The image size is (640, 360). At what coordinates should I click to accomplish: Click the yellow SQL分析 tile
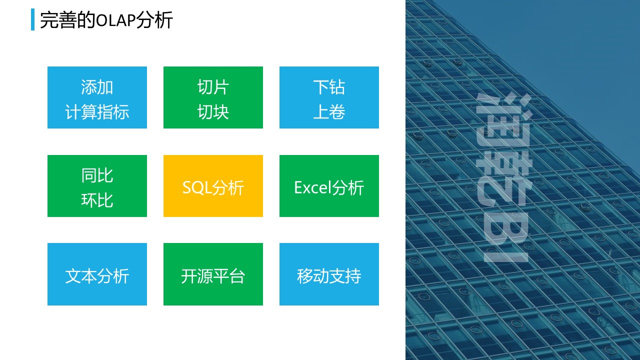click(213, 186)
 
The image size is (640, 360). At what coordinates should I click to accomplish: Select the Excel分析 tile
click(329, 186)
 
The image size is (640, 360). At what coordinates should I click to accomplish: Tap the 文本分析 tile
click(97, 274)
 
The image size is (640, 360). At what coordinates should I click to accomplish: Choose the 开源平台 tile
click(213, 274)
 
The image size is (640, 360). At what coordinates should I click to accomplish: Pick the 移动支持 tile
click(329, 274)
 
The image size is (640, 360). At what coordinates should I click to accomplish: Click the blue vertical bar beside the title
click(33, 19)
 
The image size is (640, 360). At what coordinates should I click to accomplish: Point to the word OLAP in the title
click(115, 20)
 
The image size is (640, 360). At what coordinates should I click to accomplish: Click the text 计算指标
click(97, 111)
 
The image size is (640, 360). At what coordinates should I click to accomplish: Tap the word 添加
click(97, 87)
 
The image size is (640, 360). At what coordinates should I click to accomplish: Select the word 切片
click(213, 87)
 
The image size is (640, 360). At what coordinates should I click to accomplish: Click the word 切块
click(213, 111)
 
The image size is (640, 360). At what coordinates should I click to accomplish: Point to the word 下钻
click(329, 87)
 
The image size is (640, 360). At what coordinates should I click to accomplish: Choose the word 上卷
click(329, 111)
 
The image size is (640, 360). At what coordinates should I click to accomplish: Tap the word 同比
click(97, 175)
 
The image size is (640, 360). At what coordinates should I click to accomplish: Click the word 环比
click(97, 200)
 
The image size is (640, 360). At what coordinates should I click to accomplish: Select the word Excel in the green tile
click(312, 187)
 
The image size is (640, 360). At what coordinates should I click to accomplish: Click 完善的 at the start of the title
click(67, 20)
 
